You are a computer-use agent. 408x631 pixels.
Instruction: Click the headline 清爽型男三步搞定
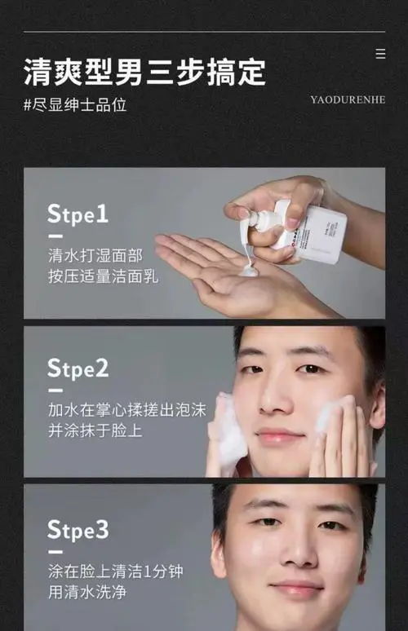pos(144,72)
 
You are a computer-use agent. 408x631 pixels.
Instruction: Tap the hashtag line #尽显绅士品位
pos(75,105)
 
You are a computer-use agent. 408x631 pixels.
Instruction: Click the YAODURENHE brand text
pos(347,99)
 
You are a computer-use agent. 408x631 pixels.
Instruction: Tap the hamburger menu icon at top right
pos(380,54)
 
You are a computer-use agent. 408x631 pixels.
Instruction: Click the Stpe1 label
pos(78,214)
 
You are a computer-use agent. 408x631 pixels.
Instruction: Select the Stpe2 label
pos(78,368)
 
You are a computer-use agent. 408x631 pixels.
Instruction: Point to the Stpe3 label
pos(78,530)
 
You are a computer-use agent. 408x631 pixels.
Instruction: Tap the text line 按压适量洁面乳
pos(103,276)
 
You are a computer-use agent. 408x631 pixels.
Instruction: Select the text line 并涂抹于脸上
pos(95,430)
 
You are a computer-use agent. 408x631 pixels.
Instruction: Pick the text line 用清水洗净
pos(87,592)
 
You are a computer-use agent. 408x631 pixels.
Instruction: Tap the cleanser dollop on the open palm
pos(248,268)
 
